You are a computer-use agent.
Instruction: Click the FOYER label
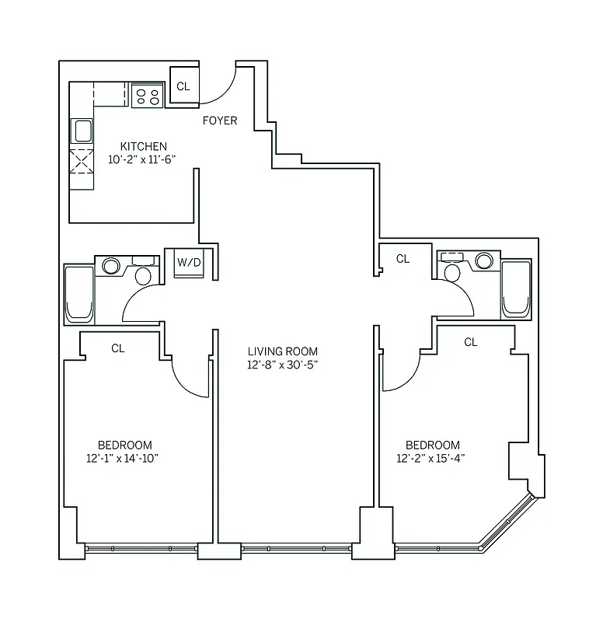pyautogui.click(x=220, y=121)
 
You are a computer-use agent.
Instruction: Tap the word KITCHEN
pyautogui.click(x=143, y=146)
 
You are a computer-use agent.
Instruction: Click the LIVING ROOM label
pyautogui.click(x=283, y=351)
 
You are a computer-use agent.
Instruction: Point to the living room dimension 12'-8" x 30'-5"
pyautogui.click(x=283, y=365)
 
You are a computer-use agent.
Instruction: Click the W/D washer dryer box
pyautogui.click(x=188, y=264)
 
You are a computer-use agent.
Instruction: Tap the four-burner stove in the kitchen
pyautogui.click(x=147, y=96)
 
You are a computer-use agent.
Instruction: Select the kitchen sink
pyautogui.click(x=82, y=130)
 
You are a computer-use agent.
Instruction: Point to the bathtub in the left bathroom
pyautogui.click(x=78, y=294)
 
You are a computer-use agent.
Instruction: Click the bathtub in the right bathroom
pyautogui.click(x=516, y=289)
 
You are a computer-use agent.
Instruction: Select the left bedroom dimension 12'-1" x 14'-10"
pyautogui.click(x=124, y=459)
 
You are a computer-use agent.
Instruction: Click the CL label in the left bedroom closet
pyautogui.click(x=117, y=348)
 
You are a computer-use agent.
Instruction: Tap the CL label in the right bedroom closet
pyautogui.click(x=471, y=341)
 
